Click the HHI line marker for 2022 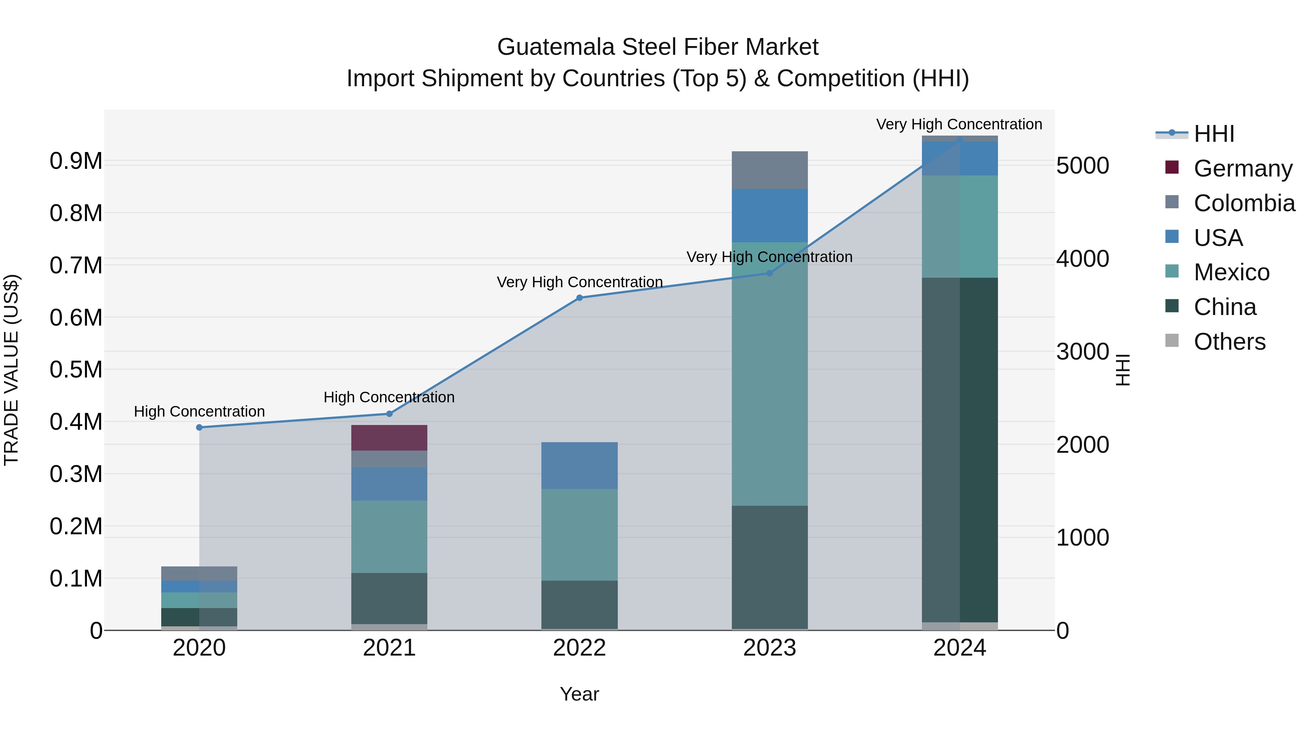(x=579, y=298)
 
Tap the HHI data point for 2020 (x=199, y=428)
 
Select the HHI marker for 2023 (x=770, y=273)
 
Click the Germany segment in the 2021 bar (x=389, y=438)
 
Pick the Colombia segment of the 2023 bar (x=770, y=170)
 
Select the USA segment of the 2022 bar (x=579, y=465)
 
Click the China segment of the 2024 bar (x=960, y=449)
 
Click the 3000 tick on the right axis (x=1082, y=352)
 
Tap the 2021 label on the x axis (x=389, y=648)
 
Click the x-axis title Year (x=579, y=694)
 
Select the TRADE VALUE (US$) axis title (x=11, y=370)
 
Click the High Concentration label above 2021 (x=389, y=397)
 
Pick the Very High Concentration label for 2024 (x=959, y=124)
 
